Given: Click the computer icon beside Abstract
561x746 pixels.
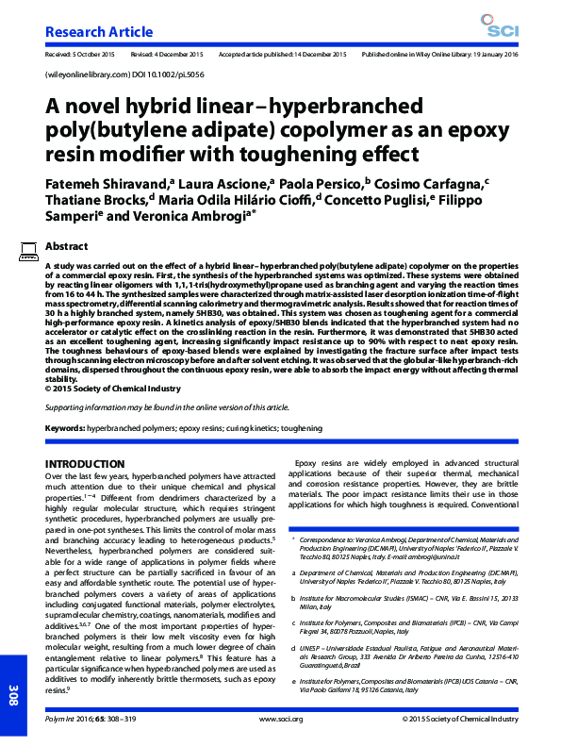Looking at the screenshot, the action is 27,250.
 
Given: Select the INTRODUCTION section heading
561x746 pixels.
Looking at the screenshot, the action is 88,464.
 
